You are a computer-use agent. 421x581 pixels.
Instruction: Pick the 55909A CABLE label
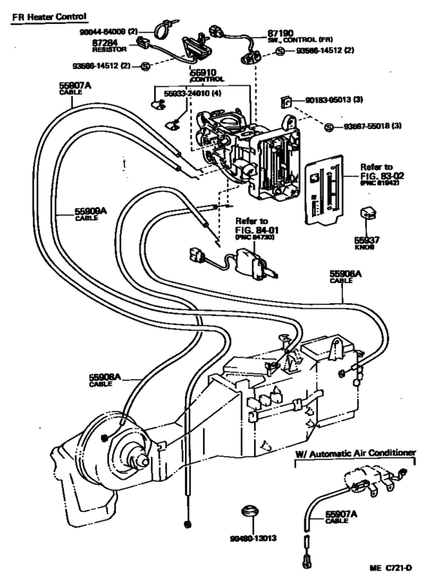(x=90, y=214)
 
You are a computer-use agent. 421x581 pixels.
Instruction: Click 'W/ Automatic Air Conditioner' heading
(x=355, y=453)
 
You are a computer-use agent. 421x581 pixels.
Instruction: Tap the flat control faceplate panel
(x=324, y=188)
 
